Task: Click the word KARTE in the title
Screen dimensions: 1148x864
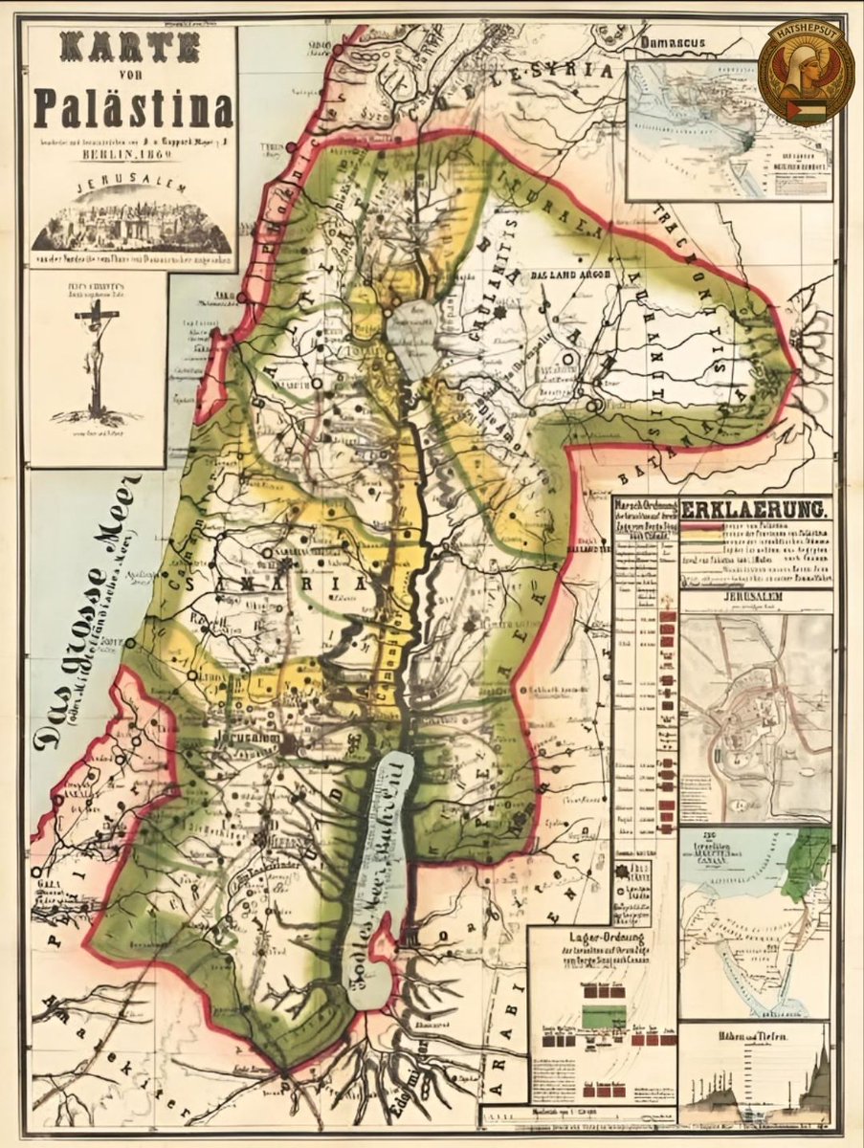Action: (x=131, y=48)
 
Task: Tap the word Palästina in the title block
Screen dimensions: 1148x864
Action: (x=133, y=109)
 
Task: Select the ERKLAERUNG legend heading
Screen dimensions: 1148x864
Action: (x=755, y=508)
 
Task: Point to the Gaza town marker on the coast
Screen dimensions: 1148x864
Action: (x=35, y=872)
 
